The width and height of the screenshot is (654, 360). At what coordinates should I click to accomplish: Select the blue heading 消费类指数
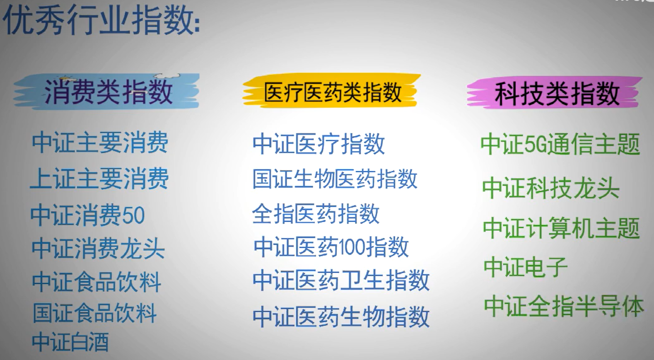[x=108, y=92]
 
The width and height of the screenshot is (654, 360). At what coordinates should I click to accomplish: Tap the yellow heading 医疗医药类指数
[x=333, y=92]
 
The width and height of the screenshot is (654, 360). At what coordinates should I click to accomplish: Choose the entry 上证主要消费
[x=99, y=179]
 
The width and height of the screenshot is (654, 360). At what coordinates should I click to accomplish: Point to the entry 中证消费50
[x=87, y=215]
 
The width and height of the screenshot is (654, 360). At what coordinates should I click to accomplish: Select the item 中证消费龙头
[x=98, y=248]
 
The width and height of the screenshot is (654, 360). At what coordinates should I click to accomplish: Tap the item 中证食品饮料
[x=97, y=281]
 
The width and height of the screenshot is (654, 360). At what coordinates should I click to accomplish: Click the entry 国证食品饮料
[x=94, y=313]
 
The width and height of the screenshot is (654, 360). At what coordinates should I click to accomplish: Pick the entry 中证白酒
[x=70, y=341]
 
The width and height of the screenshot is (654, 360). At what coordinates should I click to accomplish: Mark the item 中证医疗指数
[x=319, y=144]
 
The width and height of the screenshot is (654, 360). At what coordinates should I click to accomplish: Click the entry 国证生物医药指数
[x=335, y=179]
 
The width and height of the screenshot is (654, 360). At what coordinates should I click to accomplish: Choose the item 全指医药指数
[x=316, y=214]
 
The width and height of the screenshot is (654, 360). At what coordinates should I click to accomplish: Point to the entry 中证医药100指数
[x=331, y=247]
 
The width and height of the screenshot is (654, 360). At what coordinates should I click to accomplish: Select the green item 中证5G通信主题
[x=560, y=144]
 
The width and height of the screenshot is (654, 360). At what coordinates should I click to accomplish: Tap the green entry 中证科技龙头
[x=550, y=188]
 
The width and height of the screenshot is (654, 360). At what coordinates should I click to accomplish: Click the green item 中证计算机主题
[x=562, y=228]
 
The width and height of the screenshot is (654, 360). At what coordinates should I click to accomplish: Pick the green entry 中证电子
[x=526, y=267]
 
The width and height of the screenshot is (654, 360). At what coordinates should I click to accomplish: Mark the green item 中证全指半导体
[x=564, y=306]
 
